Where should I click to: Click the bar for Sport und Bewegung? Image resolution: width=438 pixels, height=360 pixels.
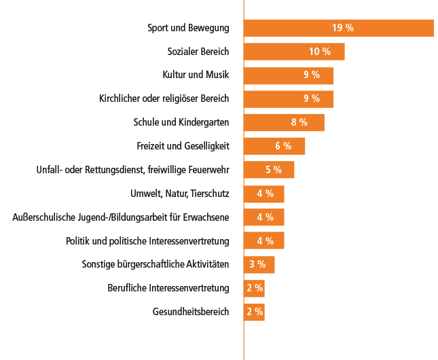click(339, 28)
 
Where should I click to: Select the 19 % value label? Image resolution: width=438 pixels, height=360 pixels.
click(343, 28)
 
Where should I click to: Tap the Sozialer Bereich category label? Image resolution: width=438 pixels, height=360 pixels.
click(198, 52)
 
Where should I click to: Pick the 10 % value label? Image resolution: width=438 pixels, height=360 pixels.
click(320, 52)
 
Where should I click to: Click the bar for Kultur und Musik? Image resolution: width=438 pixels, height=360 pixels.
click(289, 75)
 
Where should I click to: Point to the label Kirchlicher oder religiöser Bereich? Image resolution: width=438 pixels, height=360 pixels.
click(164, 98)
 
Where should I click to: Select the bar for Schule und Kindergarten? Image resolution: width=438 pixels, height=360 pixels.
click(284, 122)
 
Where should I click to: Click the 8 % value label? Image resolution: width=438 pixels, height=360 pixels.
click(299, 122)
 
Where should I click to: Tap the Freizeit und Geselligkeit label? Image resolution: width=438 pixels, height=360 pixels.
click(183, 146)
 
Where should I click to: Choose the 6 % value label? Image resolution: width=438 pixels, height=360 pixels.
click(283, 146)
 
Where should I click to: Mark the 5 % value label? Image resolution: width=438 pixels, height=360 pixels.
click(274, 170)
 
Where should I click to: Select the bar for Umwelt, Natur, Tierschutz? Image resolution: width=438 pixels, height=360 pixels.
click(264, 194)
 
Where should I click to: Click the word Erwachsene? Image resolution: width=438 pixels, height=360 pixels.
click(206, 217)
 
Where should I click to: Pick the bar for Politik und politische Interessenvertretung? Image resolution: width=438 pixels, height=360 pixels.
click(264, 240)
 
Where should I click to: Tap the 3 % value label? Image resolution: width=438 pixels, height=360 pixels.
click(257, 264)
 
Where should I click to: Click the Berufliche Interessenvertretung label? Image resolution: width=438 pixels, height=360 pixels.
click(168, 288)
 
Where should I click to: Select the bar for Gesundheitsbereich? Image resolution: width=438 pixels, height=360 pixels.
click(254, 312)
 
